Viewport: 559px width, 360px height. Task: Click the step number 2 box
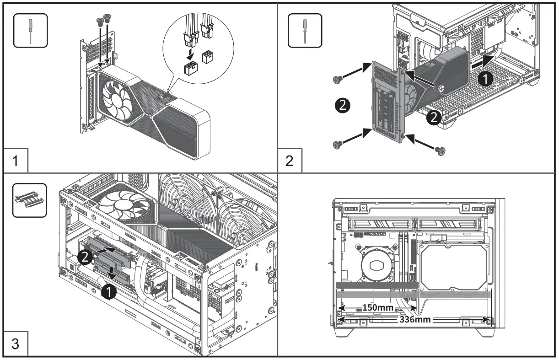tap(290, 161)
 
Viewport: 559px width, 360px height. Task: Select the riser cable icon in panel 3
tap(30, 200)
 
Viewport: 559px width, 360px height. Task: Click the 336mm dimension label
tap(415, 319)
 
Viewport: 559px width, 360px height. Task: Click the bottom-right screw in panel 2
tap(440, 150)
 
